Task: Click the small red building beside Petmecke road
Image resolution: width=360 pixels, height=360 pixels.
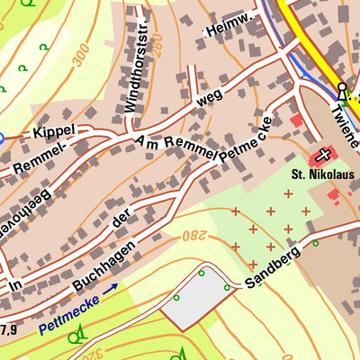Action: pos(297,120)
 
